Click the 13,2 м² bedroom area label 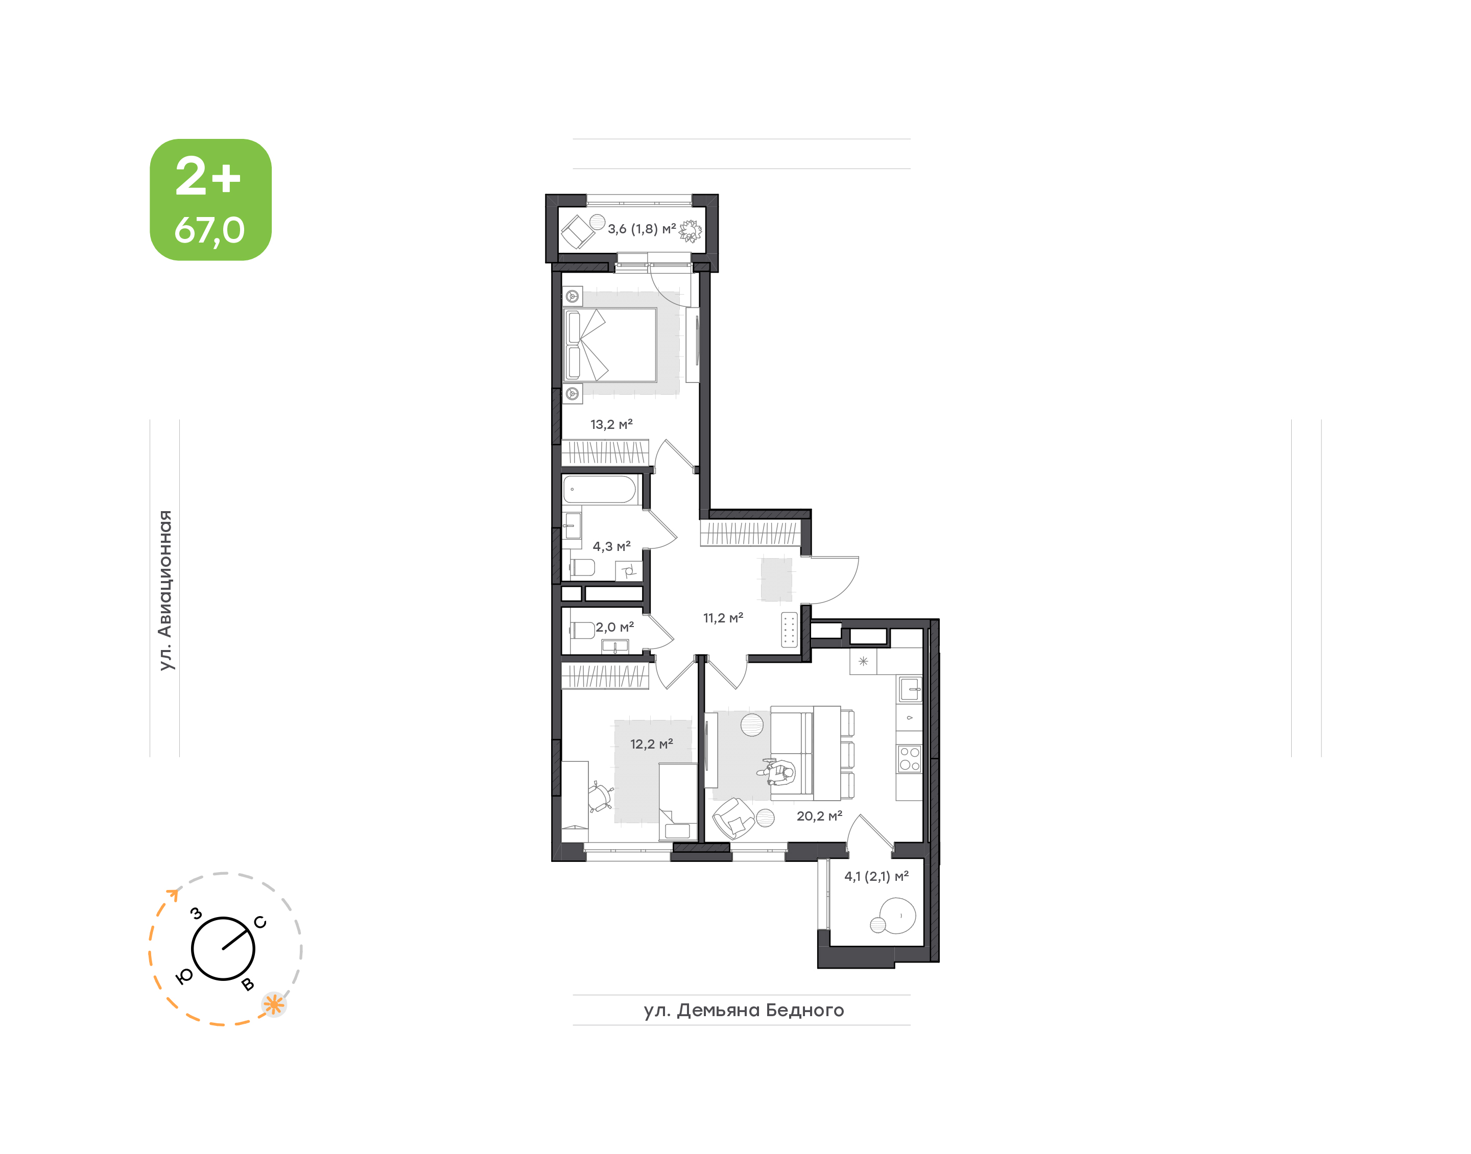611,424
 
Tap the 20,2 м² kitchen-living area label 819,815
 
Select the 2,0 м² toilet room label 614,627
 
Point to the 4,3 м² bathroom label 611,546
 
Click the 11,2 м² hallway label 723,617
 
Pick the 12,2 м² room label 651,744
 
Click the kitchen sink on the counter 910,690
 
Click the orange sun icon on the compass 274,1005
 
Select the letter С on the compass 260,922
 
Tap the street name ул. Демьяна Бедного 743,1010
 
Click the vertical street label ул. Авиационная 165,590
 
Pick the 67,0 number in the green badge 209,230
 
